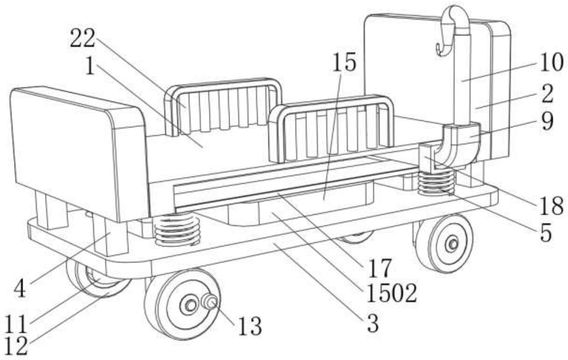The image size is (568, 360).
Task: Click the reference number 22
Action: [83, 38]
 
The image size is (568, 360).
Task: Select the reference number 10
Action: [551, 63]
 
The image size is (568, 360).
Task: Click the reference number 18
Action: [551, 206]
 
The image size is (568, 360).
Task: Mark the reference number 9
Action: [547, 122]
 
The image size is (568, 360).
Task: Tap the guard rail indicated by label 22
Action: [223, 108]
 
